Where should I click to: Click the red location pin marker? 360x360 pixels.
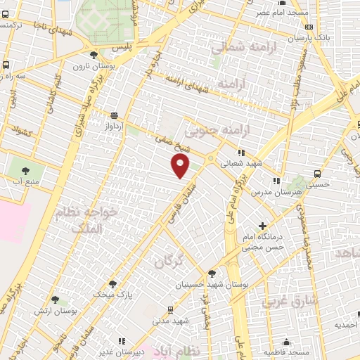coord(181,167)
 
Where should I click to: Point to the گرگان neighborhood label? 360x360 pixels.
coord(169,261)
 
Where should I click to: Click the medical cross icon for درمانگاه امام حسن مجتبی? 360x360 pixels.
coord(263,226)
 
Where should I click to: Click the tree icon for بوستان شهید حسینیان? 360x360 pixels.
coord(212,274)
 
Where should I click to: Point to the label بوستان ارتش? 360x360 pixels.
coord(55,310)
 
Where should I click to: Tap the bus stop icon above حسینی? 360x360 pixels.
coord(318,173)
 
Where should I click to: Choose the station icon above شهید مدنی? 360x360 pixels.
coord(171,309)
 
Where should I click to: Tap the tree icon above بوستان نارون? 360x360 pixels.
coord(94,54)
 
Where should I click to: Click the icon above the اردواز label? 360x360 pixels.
coord(115,116)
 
